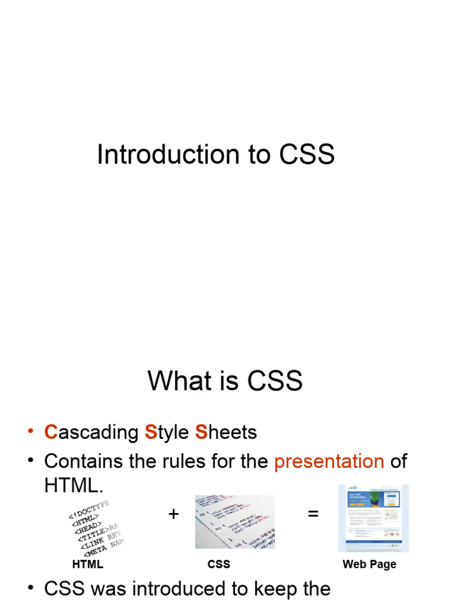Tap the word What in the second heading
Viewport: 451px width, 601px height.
tap(179, 381)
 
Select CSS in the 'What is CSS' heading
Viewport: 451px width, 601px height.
tap(275, 381)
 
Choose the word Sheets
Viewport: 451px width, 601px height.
tap(226, 433)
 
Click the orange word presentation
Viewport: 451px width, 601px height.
tap(329, 461)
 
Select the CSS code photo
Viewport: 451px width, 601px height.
tap(235, 522)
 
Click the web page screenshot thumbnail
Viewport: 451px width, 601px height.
tap(373, 518)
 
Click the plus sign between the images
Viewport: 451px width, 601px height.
tap(173, 514)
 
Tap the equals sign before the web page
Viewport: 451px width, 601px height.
tap(313, 514)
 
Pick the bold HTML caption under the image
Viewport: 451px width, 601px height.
tap(87, 564)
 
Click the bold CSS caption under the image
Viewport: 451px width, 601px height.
tap(218, 564)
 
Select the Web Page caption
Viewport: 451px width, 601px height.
tap(369, 564)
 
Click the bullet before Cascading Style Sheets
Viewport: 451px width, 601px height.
tap(30, 432)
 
